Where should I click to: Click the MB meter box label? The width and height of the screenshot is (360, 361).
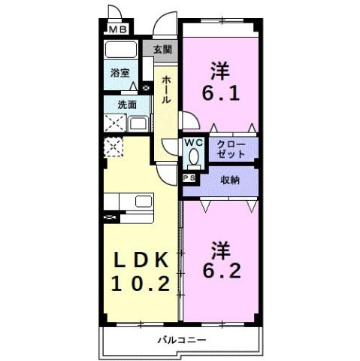tap(118, 29)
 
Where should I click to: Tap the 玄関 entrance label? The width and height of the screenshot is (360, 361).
tap(162, 50)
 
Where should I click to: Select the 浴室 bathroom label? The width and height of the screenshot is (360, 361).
tap(119, 74)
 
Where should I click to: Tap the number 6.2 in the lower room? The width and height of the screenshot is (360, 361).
tap(219, 270)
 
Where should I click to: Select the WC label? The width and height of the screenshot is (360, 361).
tap(194, 141)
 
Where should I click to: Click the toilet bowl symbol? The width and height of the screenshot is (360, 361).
tap(194, 157)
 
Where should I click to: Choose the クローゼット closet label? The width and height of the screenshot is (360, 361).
tap(231, 148)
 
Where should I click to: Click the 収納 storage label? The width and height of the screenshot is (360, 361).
tap(230, 180)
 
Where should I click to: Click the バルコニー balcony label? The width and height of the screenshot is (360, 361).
tap(181, 340)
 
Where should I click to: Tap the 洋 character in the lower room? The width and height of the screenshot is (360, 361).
tap(219, 247)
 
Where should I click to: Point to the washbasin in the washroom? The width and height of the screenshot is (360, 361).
tap(138, 123)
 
